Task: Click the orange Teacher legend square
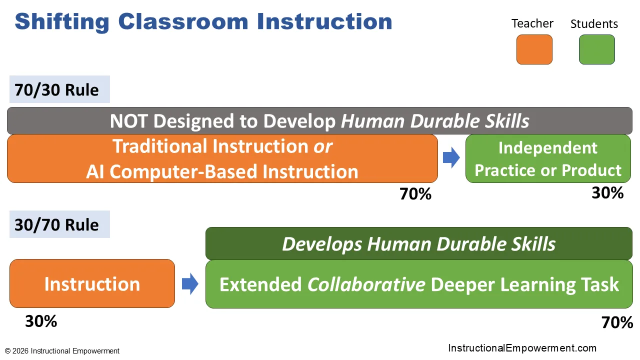pos(534,49)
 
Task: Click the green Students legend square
pos(597,49)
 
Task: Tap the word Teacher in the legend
pos(532,23)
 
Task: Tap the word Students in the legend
pos(594,23)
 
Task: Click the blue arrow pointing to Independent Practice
pos(451,157)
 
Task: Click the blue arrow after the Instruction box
pos(190,283)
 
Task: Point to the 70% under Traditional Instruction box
pos(415,194)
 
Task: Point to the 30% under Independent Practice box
pos(607,193)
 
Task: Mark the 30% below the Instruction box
pos(41,321)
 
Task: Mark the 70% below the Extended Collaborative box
pos(617,322)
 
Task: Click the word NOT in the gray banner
pos(128,121)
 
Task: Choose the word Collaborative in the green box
pos(366,284)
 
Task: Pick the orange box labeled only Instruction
pos(92,283)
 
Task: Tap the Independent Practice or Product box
pos(548,158)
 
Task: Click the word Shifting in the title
pos(62,21)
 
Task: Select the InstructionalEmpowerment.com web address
pos(522,348)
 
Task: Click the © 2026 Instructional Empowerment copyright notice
pos(62,351)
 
